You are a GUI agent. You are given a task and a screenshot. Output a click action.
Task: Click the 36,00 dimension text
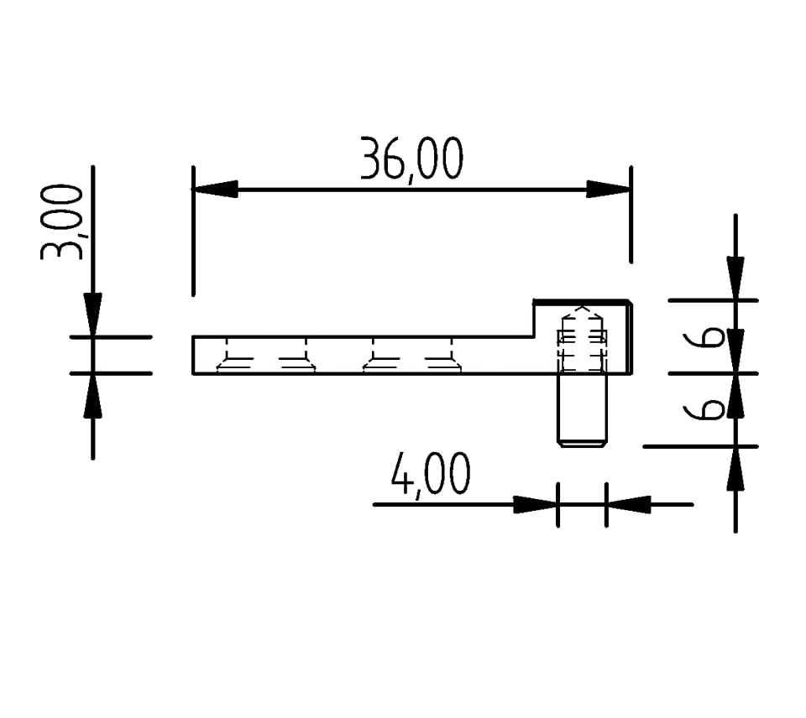pyautogui.click(x=411, y=159)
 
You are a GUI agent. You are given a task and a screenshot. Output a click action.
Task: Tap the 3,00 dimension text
pyautogui.click(x=61, y=222)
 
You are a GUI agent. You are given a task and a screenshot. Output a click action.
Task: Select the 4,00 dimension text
pyautogui.click(x=430, y=474)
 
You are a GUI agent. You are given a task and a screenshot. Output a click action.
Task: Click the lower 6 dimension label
pyautogui.click(x=704, y=410)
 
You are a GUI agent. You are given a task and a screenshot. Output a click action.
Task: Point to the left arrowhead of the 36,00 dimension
pyautogui.click(x=215, y=189)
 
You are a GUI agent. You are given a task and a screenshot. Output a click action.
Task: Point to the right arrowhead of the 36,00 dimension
pyautogui.click(x=609, y=189)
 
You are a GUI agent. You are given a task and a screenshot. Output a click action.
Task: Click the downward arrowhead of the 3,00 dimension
pyautogui.click(x=92, y=315)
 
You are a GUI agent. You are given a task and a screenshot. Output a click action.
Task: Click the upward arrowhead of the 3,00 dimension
pyautogui.click(x=92, y=396)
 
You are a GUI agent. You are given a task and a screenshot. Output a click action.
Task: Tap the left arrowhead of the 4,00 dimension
pyautogui.click(x=536, y=504)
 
